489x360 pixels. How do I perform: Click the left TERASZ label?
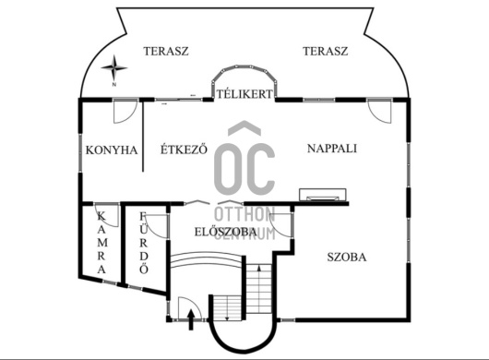(x=166, y=51)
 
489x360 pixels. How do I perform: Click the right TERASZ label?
(x=326, y=51)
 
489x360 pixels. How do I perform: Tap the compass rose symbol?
(x=114, y=67)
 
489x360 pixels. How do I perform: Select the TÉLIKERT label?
(x=244, y=94)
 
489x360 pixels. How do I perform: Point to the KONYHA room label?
(x=112, y=150)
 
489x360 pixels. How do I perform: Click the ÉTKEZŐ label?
(x=184, y=150)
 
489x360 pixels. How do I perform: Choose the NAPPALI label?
(x=332, y=149)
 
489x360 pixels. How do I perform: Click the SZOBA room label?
(x=347, y=258)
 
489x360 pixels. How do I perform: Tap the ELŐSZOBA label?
(x=226, y=232)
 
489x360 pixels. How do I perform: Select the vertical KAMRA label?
(x=101, y=243)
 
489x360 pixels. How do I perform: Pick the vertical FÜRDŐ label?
(x=143, y=243)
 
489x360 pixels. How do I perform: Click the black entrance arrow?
(x=191, y=319)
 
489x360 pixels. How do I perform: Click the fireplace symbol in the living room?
(x=323, y=195)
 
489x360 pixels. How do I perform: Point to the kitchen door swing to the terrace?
(x=125, y=111)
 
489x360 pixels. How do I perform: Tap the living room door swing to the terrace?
(x=379, y=111)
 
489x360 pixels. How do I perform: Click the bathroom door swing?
(x=157, y=226)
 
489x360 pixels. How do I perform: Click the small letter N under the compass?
(x=114, y=85)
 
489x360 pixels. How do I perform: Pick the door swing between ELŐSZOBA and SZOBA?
(x=281, y=225)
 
